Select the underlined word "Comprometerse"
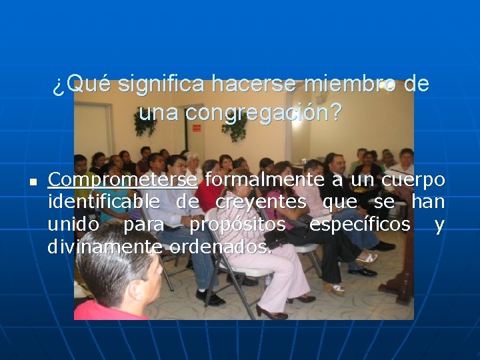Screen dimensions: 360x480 (123, 181)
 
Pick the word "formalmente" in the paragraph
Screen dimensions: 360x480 (265, 180)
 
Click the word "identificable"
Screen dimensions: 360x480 (104, 202)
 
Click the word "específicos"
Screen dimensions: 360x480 (359, 225)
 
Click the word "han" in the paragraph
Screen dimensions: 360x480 (428, 202)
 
